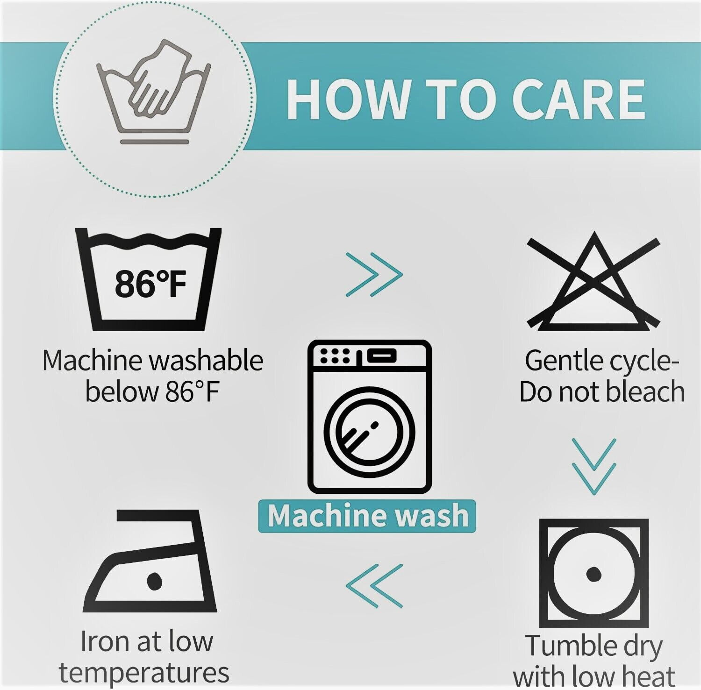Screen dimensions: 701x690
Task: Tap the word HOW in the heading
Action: tap(348, 99)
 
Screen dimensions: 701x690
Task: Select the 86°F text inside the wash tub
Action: tap(150, 284)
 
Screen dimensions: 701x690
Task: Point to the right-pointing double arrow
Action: tap(374, 274)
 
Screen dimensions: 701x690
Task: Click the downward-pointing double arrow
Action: tap(594, 466)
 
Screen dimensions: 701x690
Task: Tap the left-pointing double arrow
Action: tap(374, 586)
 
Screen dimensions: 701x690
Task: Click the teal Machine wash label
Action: tap(367, 516)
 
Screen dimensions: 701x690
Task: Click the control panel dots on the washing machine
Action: tap(335, 356)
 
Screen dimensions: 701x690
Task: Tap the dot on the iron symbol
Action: tap(154, 581)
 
